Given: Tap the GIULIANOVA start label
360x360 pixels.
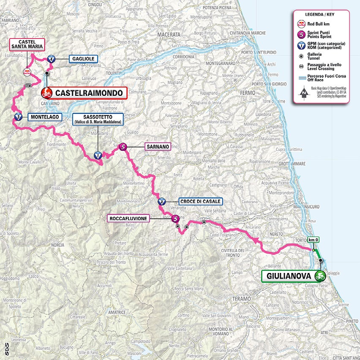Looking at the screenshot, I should click(288, 276).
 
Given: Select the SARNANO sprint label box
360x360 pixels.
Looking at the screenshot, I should click(157, 147).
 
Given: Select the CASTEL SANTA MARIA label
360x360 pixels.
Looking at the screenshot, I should click(27, 46).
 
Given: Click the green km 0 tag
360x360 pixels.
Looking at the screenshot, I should click(313, 240).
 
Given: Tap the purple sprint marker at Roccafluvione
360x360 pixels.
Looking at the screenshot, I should click(175, 218).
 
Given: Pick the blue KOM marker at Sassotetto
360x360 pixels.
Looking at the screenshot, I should click(98, 155).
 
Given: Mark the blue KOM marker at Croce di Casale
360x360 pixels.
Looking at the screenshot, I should click(163, 202).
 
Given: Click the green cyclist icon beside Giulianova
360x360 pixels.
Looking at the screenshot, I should click(320, 276).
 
